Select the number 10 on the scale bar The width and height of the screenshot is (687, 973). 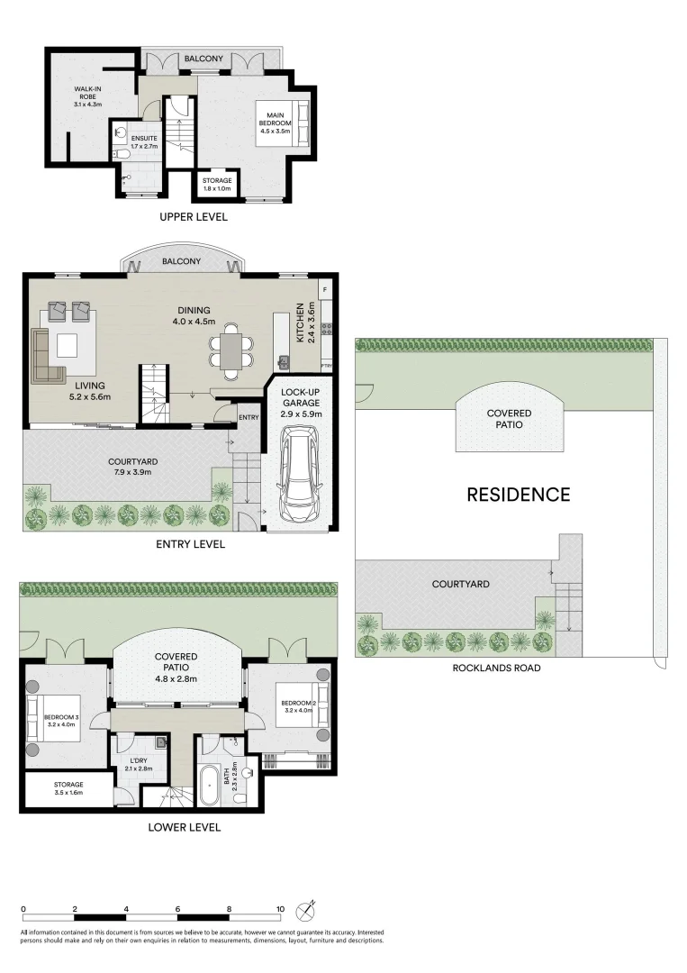(x=281, y=910)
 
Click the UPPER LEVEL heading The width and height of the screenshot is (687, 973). (x=194, y=217)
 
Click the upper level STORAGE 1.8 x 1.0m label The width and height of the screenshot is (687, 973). (x=217, y=185)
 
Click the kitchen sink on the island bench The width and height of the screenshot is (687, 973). (x=285, y=362)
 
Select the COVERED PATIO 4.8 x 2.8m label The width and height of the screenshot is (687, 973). (x=176, y=668)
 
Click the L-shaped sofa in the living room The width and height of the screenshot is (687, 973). (x=45, y=358)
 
